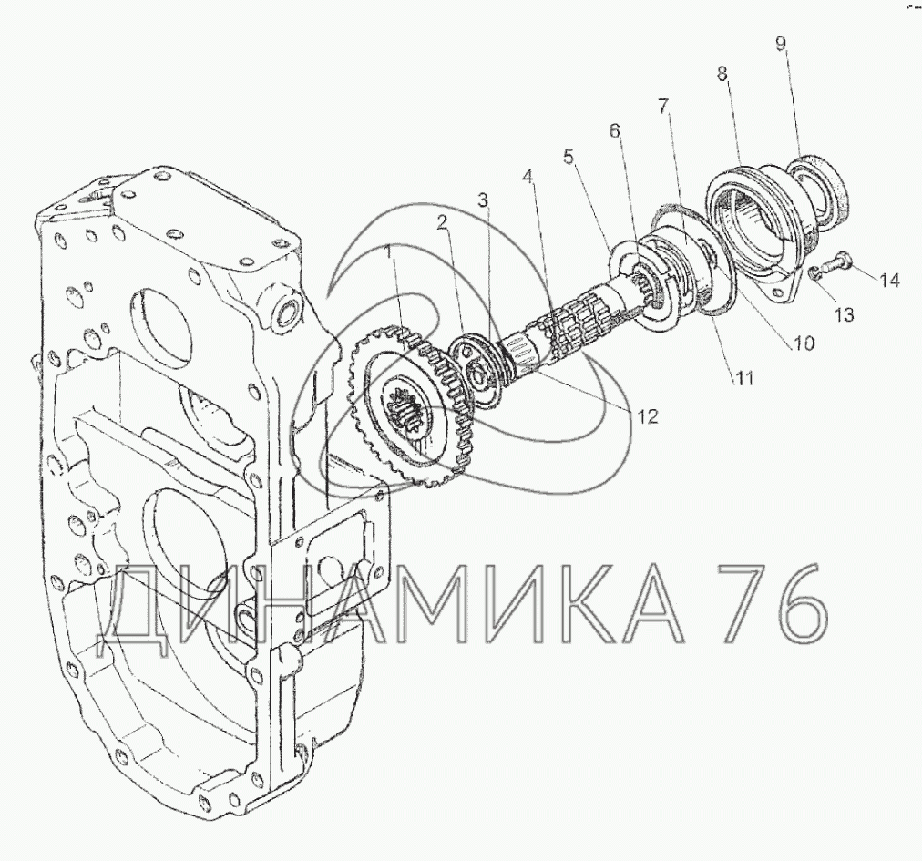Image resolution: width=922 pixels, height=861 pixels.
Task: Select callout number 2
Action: (x=442, y=222)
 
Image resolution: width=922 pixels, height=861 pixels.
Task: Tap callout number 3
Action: (x=482, y=200)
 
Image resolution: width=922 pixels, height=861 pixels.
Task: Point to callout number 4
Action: (x=528, y=176)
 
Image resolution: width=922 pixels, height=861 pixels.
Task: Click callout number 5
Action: (x=568, y=157)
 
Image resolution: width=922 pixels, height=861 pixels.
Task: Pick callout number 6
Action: (x=614, y=130)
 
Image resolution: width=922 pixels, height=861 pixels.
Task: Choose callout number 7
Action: (x=663, y=107)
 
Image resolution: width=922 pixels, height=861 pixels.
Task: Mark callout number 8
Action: (x=722, y=74)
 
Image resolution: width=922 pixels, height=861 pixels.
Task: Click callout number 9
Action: (x=780, y=45)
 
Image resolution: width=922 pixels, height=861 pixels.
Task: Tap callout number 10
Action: (x=804, y=343)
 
